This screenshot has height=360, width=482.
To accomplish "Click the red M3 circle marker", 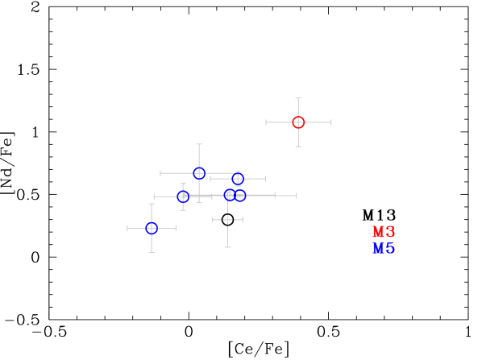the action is click(298, 122).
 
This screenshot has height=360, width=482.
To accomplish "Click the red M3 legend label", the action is click(384, 232).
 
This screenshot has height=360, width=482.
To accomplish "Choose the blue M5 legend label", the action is click(384, 248).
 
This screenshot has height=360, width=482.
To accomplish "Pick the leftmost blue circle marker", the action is click(152, 228).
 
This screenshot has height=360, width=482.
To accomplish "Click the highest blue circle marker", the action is click(199, 173).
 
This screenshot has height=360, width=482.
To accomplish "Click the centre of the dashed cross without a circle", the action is click(227, 220).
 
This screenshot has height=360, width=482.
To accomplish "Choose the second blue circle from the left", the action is click(183, 197).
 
